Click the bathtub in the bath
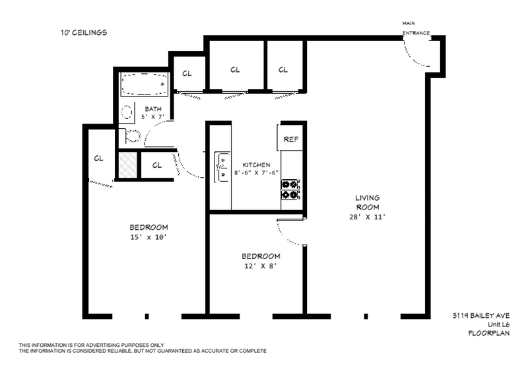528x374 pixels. click(145, 85)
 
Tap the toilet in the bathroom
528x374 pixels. click(131, 136)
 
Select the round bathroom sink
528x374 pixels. click(127, 112)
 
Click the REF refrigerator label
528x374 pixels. click(291, 139)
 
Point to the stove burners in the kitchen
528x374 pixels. click(290, 190)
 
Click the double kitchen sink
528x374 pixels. click(222, 167)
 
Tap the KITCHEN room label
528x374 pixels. click(256, 165)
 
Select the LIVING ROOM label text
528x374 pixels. click(368, 202)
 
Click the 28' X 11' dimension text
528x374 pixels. click(367, 217)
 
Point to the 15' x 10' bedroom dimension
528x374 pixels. click(148, 237)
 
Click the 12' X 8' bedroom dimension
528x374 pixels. click(260, 266)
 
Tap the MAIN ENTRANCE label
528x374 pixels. click(416, 28)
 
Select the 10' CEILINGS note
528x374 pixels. click(84, 32)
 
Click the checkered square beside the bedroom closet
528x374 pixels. click(128, 165)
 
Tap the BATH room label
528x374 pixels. click(153, 109)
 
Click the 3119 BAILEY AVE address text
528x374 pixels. click(481, 316)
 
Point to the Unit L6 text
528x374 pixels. click(499, 324)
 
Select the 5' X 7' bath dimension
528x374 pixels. click(153, 117)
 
